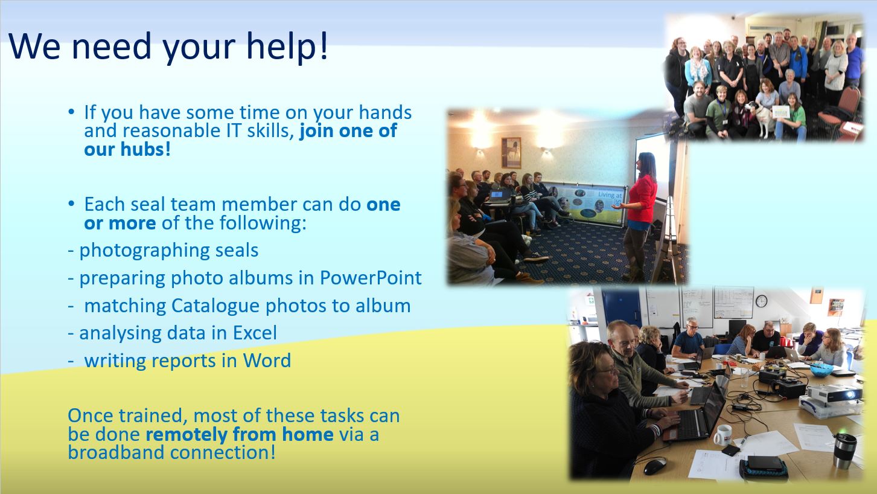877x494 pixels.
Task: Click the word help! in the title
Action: (287, 47)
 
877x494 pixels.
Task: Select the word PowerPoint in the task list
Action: (371, 278)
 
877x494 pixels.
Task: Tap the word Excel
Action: (255, 333)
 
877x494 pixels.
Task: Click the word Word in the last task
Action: (267, 361)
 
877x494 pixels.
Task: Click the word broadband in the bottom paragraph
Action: (116, 453)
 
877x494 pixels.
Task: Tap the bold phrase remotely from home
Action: (240, 434)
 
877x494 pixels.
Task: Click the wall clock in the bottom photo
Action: (761, 301)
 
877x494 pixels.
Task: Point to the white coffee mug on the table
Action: (721, 435)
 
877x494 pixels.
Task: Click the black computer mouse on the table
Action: (655, 466)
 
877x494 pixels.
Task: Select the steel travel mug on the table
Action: (844, 451)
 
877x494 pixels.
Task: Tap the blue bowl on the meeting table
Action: (821, 370)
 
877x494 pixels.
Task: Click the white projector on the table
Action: (834, 393)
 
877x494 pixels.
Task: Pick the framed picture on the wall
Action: (511, 152)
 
